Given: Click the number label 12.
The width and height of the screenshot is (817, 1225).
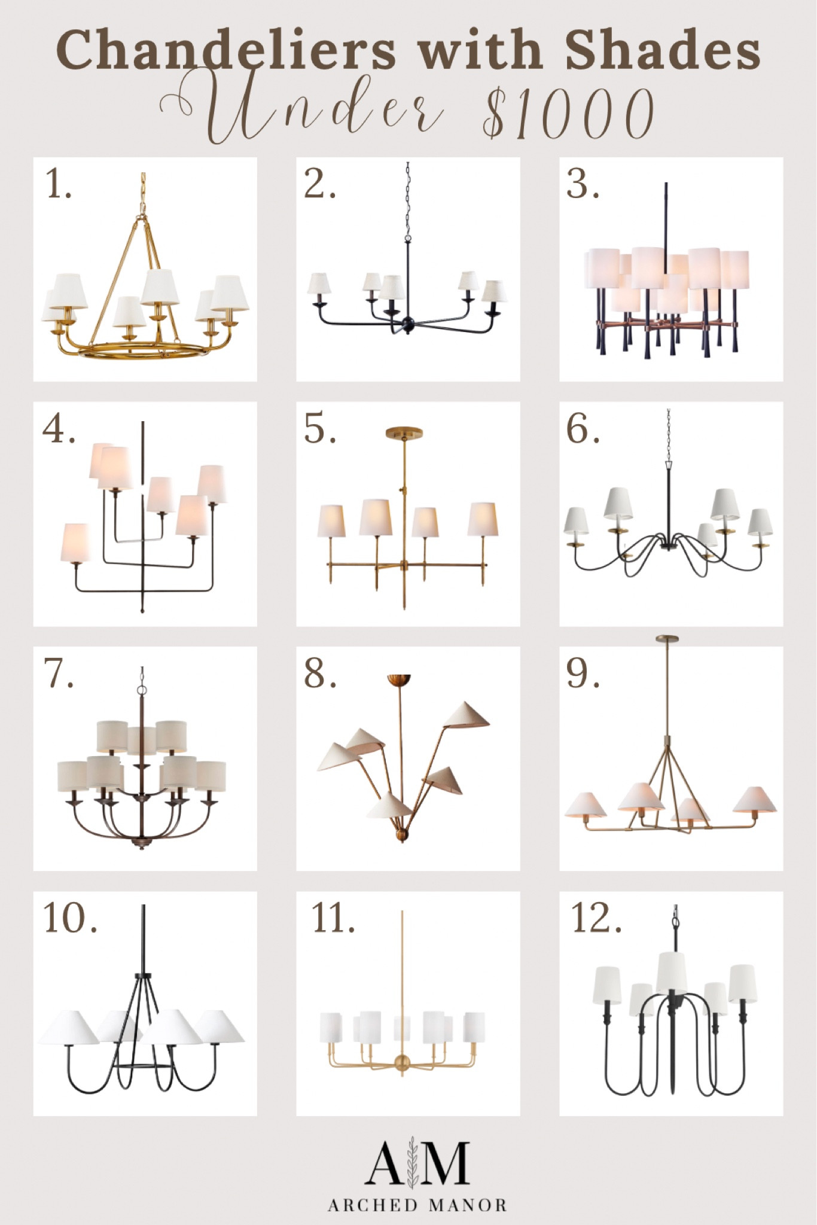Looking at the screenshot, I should click(596, 919).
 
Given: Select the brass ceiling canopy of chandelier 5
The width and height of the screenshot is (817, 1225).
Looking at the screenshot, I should click(404, 432).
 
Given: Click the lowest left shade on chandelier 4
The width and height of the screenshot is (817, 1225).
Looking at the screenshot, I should click(76, 543).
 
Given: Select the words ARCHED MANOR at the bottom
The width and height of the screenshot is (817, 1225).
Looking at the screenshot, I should click(417, 1204).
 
